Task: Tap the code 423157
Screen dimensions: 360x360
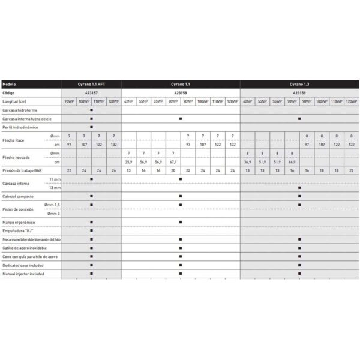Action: (91, 94)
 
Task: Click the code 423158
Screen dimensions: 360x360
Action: (181, 94)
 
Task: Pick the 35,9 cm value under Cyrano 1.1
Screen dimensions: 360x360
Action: (128, 162)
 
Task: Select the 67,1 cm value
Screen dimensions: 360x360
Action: (173, 162)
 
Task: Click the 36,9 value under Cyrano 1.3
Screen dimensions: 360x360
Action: (247, 162)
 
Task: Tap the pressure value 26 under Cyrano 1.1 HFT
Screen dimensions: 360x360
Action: (113, 171)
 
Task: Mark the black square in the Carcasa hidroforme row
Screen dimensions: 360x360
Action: (91, 110)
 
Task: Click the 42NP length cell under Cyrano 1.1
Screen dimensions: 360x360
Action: (128, 102)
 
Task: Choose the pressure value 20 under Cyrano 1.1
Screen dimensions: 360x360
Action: (173, 171)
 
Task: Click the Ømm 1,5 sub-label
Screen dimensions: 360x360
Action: (52, 205)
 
